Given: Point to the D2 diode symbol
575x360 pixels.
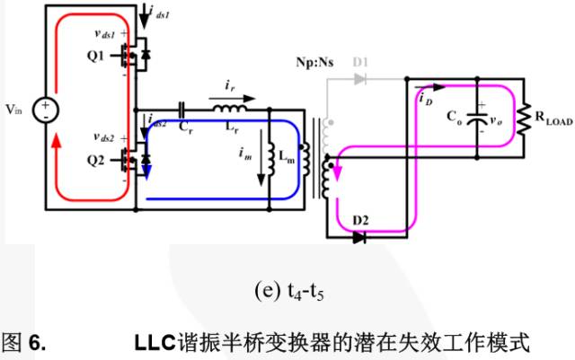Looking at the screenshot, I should tap(360, 238).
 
